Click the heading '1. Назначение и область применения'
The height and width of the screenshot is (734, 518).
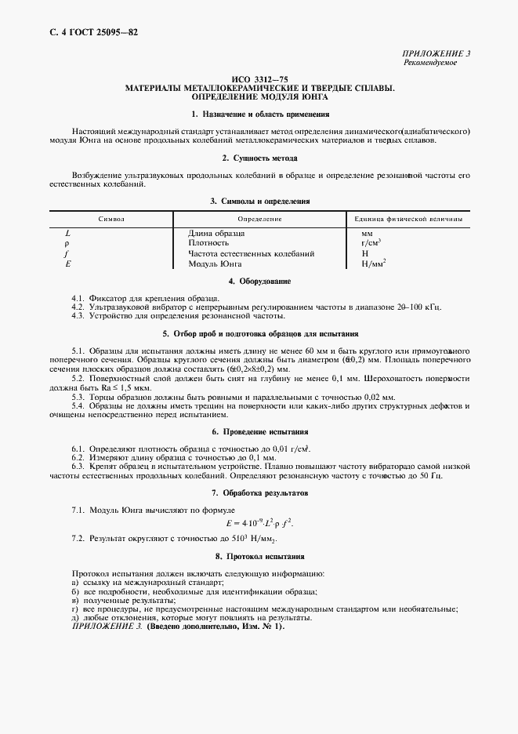coord(259,114)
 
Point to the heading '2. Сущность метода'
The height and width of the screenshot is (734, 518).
coord(259,158)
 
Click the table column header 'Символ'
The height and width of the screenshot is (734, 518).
coord(110,219)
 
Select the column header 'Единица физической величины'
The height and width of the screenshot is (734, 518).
coord(408,219)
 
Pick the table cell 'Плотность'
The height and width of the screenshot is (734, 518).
coord(208,244)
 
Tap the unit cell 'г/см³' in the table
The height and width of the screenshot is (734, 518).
coord(371,244)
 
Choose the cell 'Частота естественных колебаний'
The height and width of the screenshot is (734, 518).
coord(251,254)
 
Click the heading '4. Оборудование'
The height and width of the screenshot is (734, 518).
coord(259,281)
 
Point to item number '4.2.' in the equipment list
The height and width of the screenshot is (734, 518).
coord(78,307)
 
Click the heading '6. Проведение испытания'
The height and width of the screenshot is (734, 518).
coord(259,432)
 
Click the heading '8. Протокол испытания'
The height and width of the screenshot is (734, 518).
coord(259,556)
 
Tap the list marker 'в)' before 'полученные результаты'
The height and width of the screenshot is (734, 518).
coord(75,600)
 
